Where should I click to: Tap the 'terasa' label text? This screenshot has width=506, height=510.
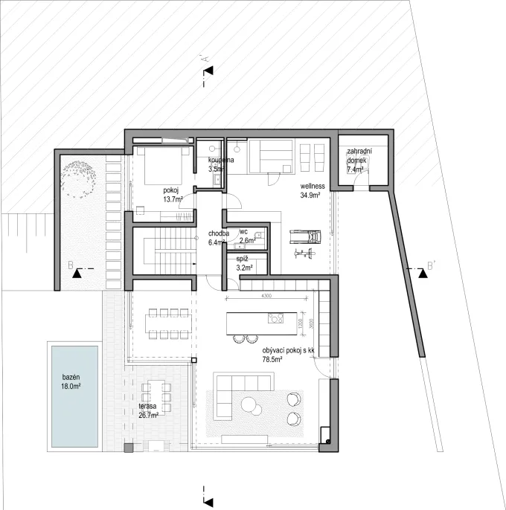(147, 408)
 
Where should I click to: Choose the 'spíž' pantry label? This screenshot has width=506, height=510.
(243, 258)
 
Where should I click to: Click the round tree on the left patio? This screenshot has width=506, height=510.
(80, 179)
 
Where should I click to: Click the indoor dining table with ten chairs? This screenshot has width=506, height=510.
(167, 321)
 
